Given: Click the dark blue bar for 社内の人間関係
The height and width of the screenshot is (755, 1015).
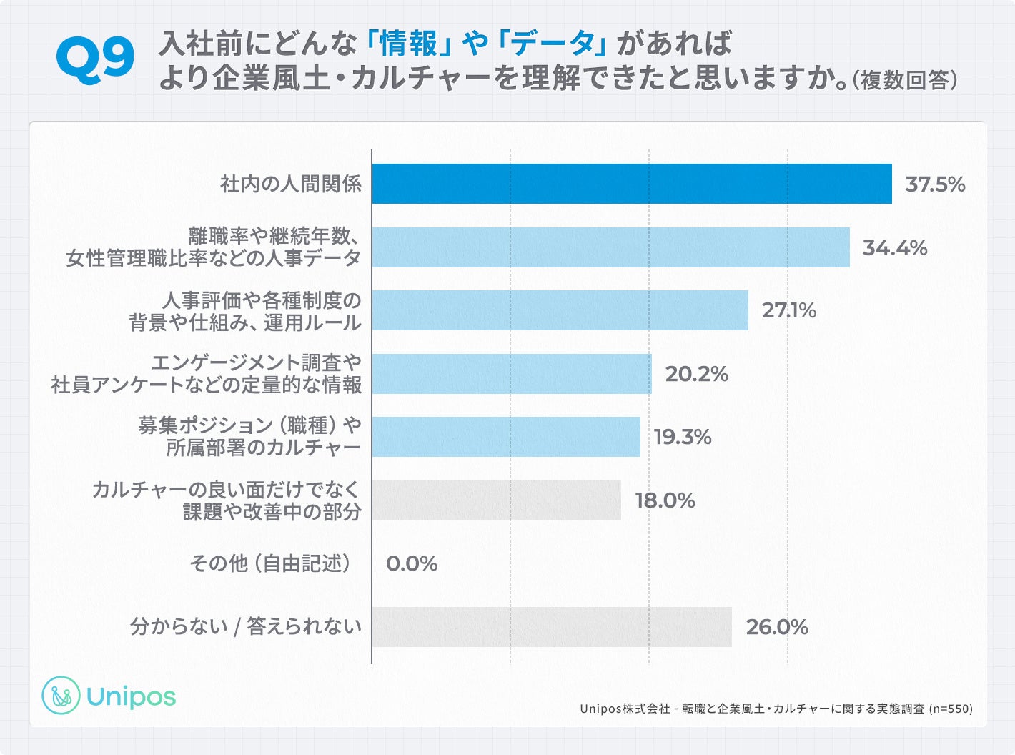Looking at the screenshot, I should [x=631, y=184].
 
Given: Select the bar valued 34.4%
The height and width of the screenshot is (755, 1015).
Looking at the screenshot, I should [x=610, y=247].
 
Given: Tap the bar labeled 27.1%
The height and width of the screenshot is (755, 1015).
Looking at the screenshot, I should [x=560, y=310].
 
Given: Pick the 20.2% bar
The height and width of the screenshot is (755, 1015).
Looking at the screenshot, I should [x=511, y=374].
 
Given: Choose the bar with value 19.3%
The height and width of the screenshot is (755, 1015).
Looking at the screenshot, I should [x=505, y=437].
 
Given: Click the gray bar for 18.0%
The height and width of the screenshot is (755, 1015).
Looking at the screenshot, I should [x=496, y=500].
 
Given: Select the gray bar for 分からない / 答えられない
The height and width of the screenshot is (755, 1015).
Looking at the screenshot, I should [x=551, y=627].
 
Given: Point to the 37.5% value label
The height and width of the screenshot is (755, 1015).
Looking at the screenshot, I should [x=935, y=184].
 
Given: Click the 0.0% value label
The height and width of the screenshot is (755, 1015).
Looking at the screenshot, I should [x=412, y=564].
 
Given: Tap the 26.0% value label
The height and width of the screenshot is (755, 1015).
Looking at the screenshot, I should [x=777, y=628].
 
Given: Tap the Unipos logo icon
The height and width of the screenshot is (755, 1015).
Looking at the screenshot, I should [x=61, y=696].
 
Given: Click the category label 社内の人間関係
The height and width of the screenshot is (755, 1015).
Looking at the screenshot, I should [x=291, y=184].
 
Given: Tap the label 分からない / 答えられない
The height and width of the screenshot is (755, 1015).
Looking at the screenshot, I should [x=245, y=627].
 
